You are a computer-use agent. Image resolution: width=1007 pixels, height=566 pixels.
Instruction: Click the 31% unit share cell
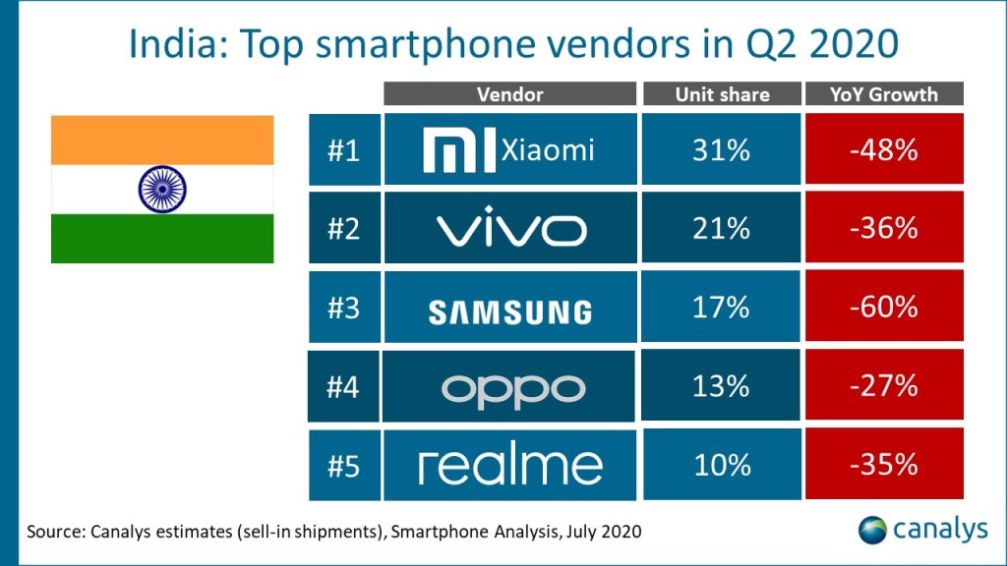(722, 150)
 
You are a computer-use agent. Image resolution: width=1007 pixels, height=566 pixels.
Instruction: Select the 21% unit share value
(722, 229)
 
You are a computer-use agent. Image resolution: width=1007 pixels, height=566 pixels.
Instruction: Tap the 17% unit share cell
(722, 307)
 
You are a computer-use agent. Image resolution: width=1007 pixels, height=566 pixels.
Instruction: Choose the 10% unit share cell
(722, 464)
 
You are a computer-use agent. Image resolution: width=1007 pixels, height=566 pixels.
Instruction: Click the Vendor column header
(509, 94)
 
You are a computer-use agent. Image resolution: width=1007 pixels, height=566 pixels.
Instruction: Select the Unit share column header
(722, 94)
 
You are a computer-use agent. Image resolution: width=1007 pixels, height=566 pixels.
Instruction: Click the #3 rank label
(343, 308)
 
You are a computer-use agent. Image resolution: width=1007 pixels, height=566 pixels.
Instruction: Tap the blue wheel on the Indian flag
(162, 189)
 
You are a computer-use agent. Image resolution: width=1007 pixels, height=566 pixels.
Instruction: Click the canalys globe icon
(872, 530)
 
